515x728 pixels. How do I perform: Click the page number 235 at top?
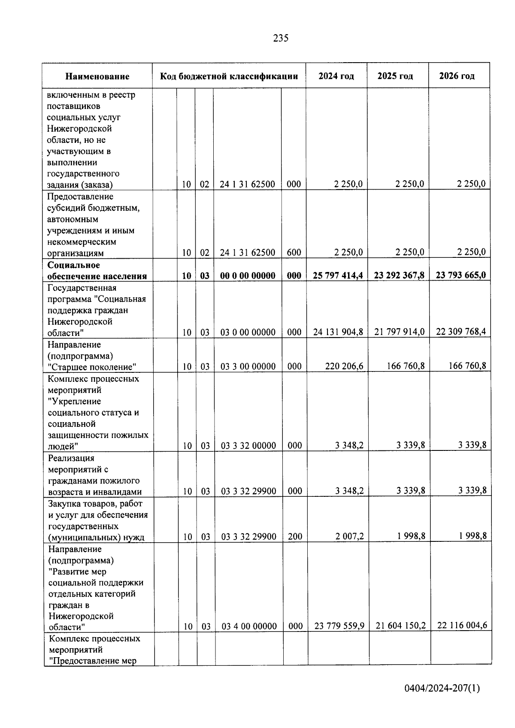click(281, 38)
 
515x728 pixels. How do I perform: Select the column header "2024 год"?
click(336, 76)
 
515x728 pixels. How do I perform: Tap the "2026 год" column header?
click(457, 76)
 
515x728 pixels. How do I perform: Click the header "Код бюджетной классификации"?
click(229, 76)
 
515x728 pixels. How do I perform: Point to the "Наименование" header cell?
click(97, 77)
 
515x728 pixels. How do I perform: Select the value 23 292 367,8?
click(399, 275)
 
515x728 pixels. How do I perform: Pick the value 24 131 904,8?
click(338, 332)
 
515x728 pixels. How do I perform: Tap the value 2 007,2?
click(349, 536)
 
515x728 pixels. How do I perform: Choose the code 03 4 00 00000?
click(249, 626)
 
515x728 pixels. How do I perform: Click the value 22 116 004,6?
click(462, 625)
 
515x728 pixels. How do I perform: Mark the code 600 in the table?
click(294, 253)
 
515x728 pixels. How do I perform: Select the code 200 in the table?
click(295, 537)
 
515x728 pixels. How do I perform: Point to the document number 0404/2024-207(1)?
click(442, 689)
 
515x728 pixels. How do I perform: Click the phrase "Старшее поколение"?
click(92, 367)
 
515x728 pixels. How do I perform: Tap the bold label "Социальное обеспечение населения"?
click(97, 271)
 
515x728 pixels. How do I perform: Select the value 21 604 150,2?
click(400, 626)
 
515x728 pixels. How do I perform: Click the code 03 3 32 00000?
click(248, 446)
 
